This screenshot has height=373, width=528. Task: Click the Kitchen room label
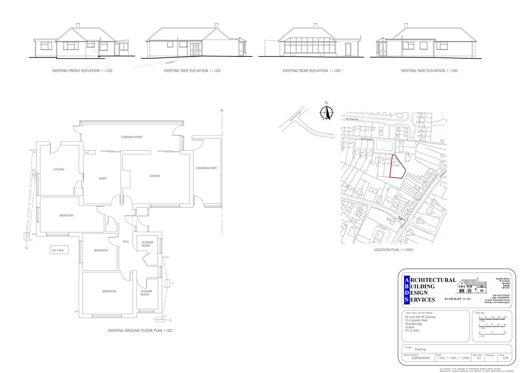point(59,169)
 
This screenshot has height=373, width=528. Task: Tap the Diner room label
point(103,179)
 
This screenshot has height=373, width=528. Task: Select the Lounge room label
point(155,176)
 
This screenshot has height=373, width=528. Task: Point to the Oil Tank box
point(59,251)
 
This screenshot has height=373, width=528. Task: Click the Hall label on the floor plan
point(126,242)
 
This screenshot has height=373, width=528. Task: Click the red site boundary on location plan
point(397,167)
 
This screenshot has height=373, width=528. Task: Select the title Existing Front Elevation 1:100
point(82,71)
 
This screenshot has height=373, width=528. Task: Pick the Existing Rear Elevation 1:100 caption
point(312,71)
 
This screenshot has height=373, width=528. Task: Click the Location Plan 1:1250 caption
point(393,250)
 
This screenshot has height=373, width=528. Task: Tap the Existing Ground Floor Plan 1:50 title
point(140,330)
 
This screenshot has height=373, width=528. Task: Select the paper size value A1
point(479,358)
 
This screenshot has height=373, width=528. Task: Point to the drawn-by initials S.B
point(505,358)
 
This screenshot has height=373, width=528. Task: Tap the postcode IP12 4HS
point(412,330)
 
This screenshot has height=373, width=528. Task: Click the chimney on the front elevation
point(78,25)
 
